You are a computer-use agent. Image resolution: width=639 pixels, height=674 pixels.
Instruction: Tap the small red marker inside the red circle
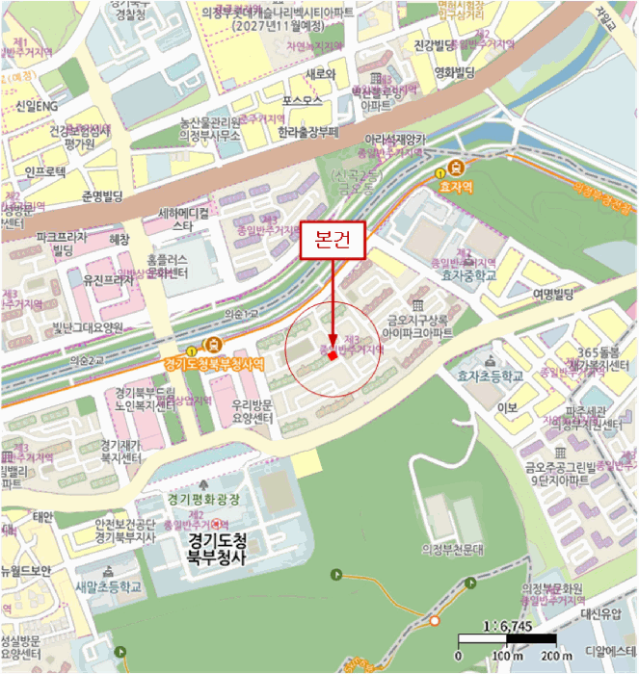[x=332, y=355]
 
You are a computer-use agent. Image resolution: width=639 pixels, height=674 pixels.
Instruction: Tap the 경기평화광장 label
[x=202, y=499]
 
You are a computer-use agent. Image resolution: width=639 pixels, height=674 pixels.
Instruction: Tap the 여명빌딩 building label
[x=552, y=294]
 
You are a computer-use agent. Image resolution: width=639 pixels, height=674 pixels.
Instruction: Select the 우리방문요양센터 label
[x=253, y=413]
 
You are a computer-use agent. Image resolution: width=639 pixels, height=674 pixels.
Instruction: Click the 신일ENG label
[x=38, y=105]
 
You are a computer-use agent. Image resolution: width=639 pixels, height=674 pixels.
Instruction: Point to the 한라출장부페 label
[x=308, y=132]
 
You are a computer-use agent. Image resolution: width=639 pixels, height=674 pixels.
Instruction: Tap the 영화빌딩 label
[x=455, y=73]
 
